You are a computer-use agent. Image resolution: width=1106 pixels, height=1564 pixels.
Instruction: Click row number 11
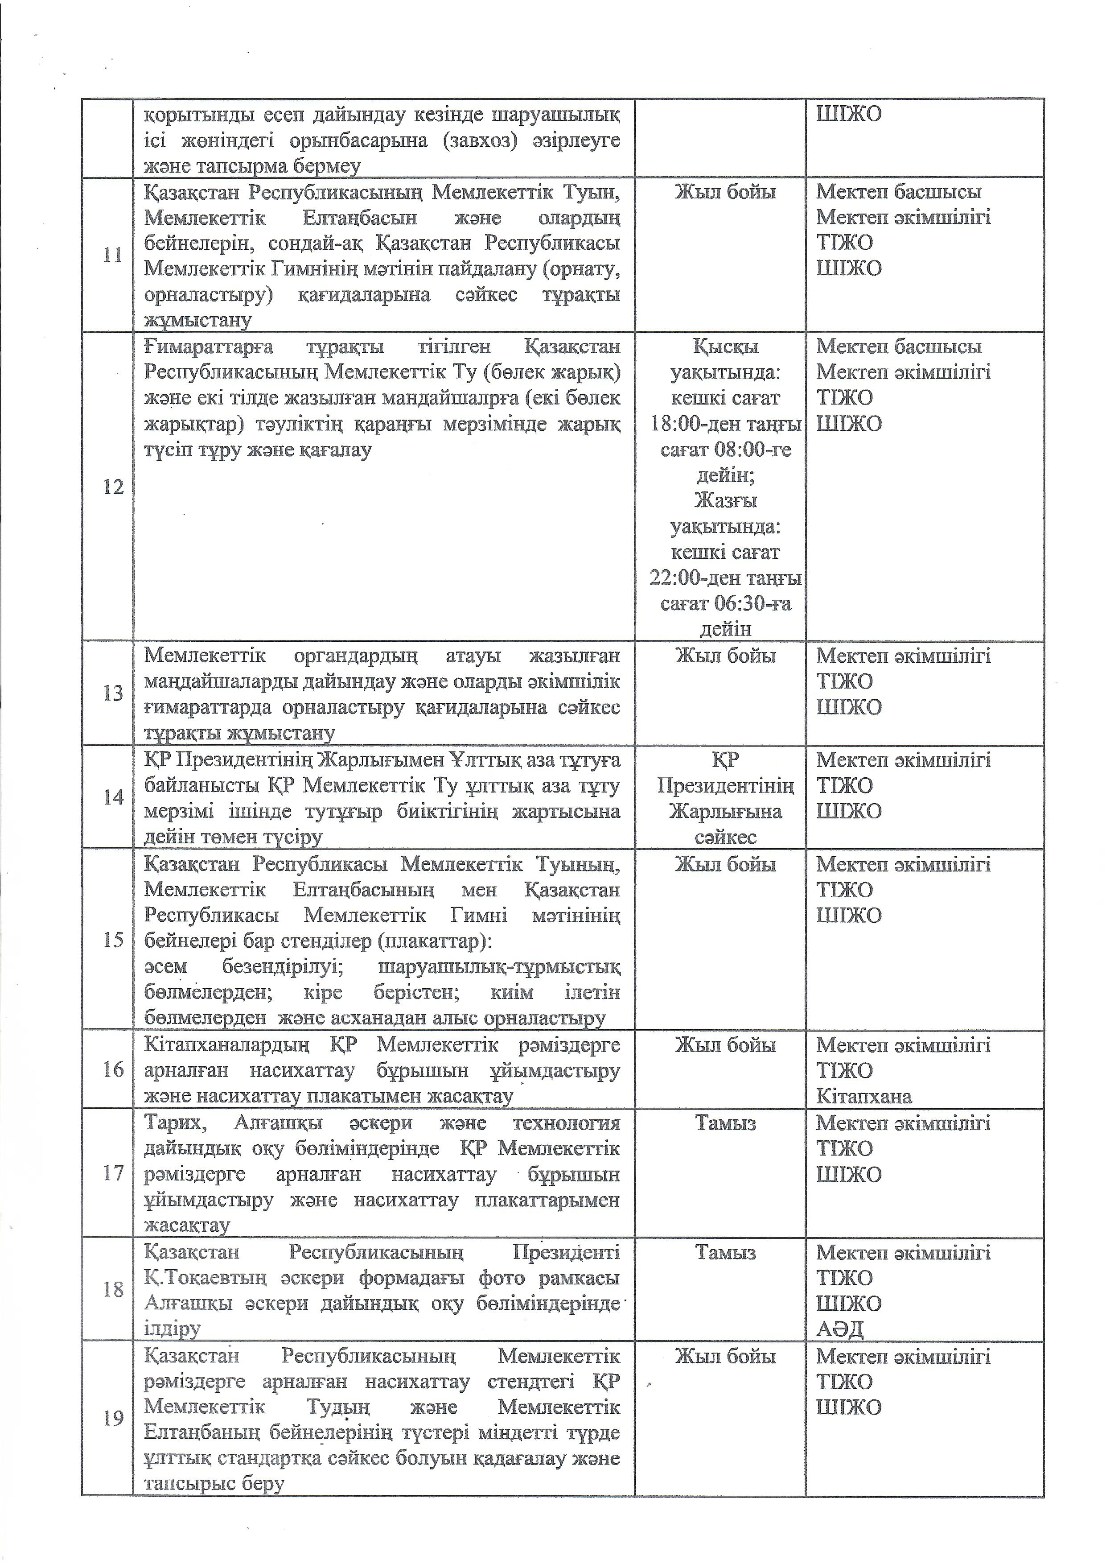tap(112, 256)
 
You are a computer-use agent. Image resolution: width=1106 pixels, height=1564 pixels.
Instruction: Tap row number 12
tap(112, 487)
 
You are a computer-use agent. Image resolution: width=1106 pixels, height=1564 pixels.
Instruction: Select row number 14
tap(112, 797)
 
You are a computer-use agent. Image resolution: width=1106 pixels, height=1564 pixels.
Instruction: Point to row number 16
tap(112, 1069)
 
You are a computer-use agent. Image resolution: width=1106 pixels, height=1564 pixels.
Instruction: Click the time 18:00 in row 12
tap(677, 424)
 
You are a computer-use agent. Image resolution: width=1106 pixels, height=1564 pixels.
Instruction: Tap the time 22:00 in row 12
tap(677, 578)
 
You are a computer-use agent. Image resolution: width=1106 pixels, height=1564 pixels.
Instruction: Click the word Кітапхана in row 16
tap(863, 1096)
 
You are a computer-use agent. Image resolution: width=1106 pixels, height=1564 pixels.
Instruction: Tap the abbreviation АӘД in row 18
tap(840, 1329)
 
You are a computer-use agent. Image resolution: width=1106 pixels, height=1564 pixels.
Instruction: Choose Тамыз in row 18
tap(725, 1252)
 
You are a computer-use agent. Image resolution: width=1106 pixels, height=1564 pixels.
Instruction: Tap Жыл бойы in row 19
tap(725, 1356)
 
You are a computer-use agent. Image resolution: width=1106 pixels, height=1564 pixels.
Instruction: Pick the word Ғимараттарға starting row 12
tap(208, 347)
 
